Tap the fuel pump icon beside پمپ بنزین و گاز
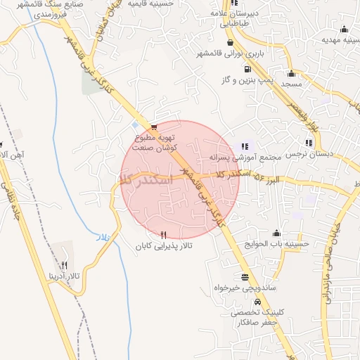pos(247,70)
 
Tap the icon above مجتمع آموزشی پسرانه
pos(245,146)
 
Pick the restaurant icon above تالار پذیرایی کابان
pos(164,234)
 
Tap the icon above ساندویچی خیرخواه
pos(245,277)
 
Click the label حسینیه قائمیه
pos(151,4)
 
